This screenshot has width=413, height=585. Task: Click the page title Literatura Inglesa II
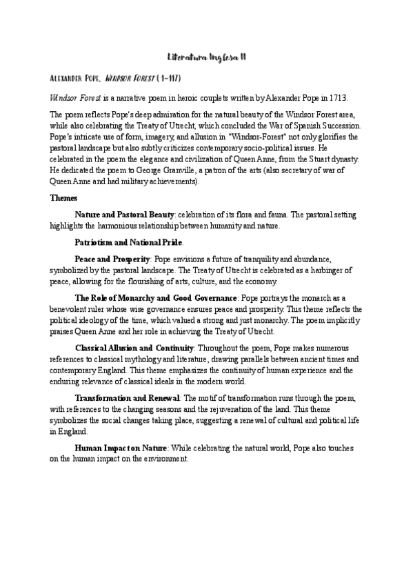point(206,59)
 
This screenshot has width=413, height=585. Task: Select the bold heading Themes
point(64,198)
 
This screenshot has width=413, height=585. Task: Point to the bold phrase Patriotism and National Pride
point(129,243)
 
